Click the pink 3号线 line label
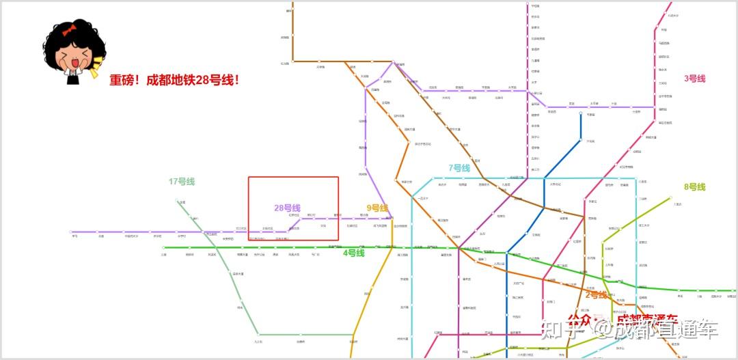pyautogui.click(x=694, y=79)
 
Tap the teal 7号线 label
pyautogui.click(x=459, y=168)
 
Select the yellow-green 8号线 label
pyautogui.click(x=694, y=187)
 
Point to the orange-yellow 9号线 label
pyautogui.click(x=377, y=208)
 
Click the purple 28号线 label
pyautogui.click(x=287, y=208)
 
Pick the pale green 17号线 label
pyautogui.click(x=182, y=182)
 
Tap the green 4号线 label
pyautogui.click(x=353, y=253)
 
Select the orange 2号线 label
pyautogui.click(x=596, y=295)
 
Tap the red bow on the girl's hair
pyautogui.click(x=68, y=31)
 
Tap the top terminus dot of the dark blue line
pyautogui.click(x=580, y=113)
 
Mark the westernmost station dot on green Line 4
pyautogui.click(x=163, y=247)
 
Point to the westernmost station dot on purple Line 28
pyautogui.click(x=74, y=232)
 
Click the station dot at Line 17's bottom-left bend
pyautogui.click(x=258, y=335)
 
